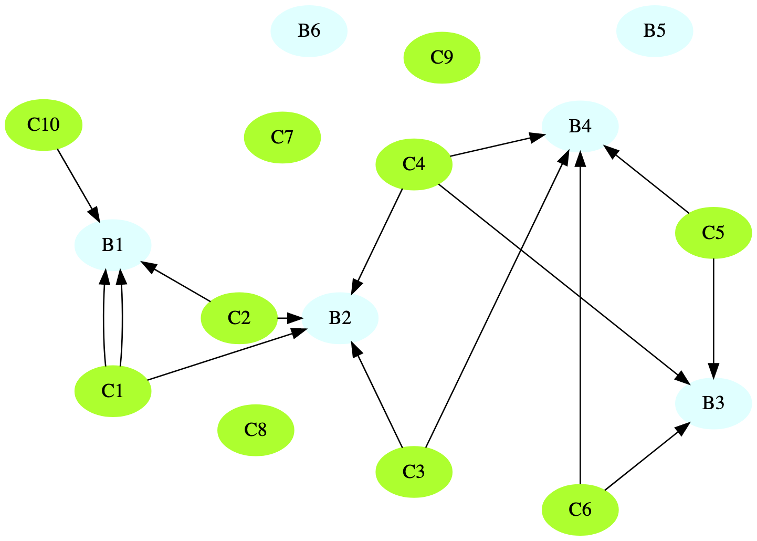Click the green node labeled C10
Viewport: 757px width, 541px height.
coord(43,125)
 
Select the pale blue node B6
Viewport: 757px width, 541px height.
coord(309,31)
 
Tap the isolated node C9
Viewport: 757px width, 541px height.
coord(441,57)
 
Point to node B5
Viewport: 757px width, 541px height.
coord(655,31)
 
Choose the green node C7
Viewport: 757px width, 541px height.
coord(282,137)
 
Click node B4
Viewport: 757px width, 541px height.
coord(580,127)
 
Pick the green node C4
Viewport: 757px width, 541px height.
coord(414,164)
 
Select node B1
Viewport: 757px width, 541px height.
coord(112,245)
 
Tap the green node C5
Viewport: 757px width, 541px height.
coord(713,233)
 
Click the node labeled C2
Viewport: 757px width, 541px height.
coord(239,318)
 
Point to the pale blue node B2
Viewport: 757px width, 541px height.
coord(340,318)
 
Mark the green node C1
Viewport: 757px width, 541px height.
coord(112,391)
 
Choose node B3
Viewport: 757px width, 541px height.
coord(713,403)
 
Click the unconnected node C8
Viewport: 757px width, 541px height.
coord(256,430)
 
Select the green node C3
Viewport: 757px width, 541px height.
coord(414,472)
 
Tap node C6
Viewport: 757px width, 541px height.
coord(580,509)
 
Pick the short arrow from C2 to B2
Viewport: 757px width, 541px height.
coord(290,318)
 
